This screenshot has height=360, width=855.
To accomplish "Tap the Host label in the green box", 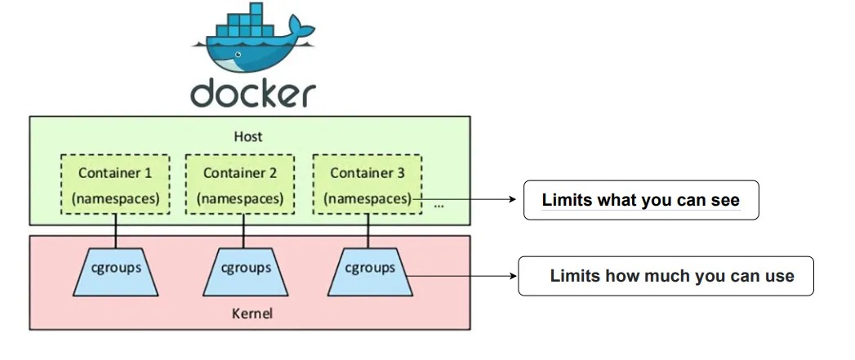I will pos(249,137).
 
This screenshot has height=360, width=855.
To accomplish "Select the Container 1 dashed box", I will pos(115,184).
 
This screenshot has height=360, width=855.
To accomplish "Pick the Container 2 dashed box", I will pos(240,184).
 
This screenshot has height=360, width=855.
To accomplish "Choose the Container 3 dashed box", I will pos(367,184).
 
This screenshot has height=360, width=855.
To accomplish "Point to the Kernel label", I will pos(249,313).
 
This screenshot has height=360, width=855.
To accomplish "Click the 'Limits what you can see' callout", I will pos(641,200).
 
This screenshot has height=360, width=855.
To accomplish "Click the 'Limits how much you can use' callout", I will pos(666,276).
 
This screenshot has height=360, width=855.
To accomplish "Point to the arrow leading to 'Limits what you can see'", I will pos(470,198).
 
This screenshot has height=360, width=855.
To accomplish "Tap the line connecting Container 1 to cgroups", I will pos(115,231).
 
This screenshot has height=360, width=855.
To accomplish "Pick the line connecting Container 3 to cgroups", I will pos(369,231).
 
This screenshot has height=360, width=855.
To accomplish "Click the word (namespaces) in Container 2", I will pos(240,198).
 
